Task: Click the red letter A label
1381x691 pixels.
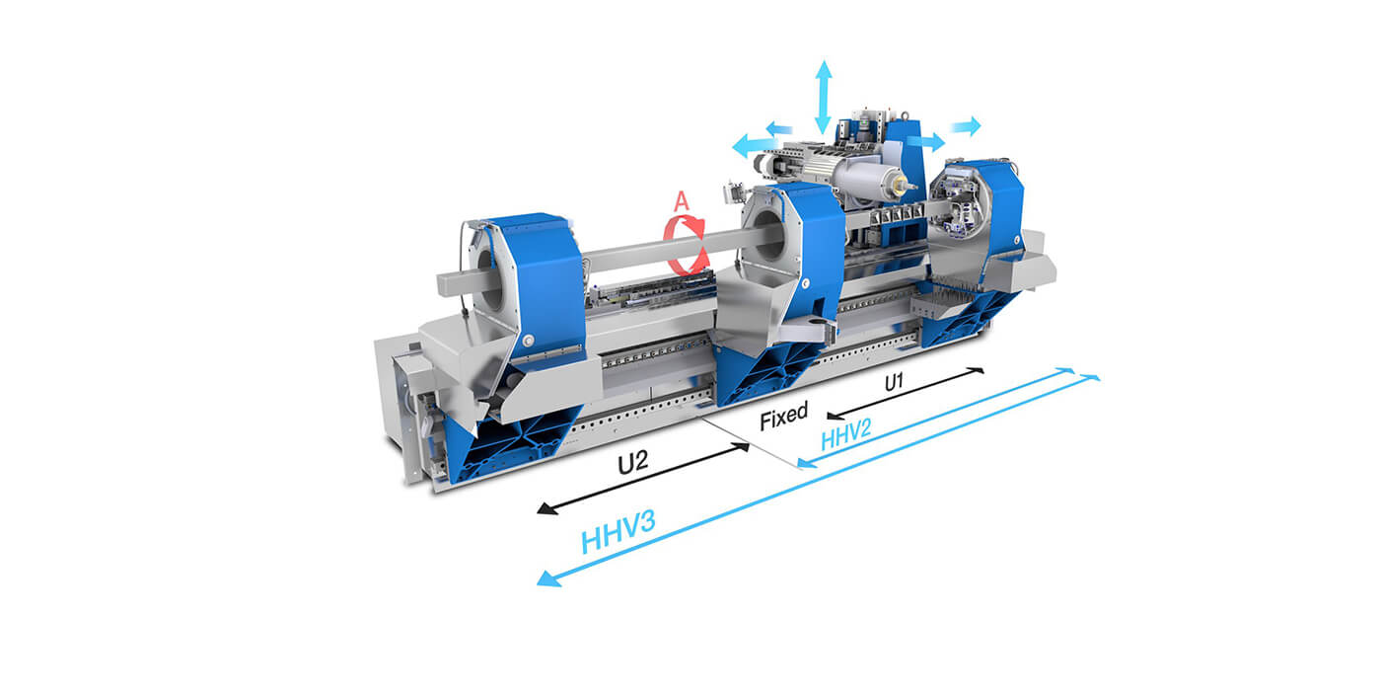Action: [681, 201]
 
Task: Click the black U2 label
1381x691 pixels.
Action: [633, 462]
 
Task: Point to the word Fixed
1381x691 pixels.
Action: [783, 416]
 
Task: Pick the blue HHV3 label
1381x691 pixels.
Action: [618, 532]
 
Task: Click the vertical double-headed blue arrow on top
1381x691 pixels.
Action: [823, 97]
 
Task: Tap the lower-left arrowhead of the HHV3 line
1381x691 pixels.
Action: [547, 579]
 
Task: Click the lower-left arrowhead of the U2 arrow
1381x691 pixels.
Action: [546, 509]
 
